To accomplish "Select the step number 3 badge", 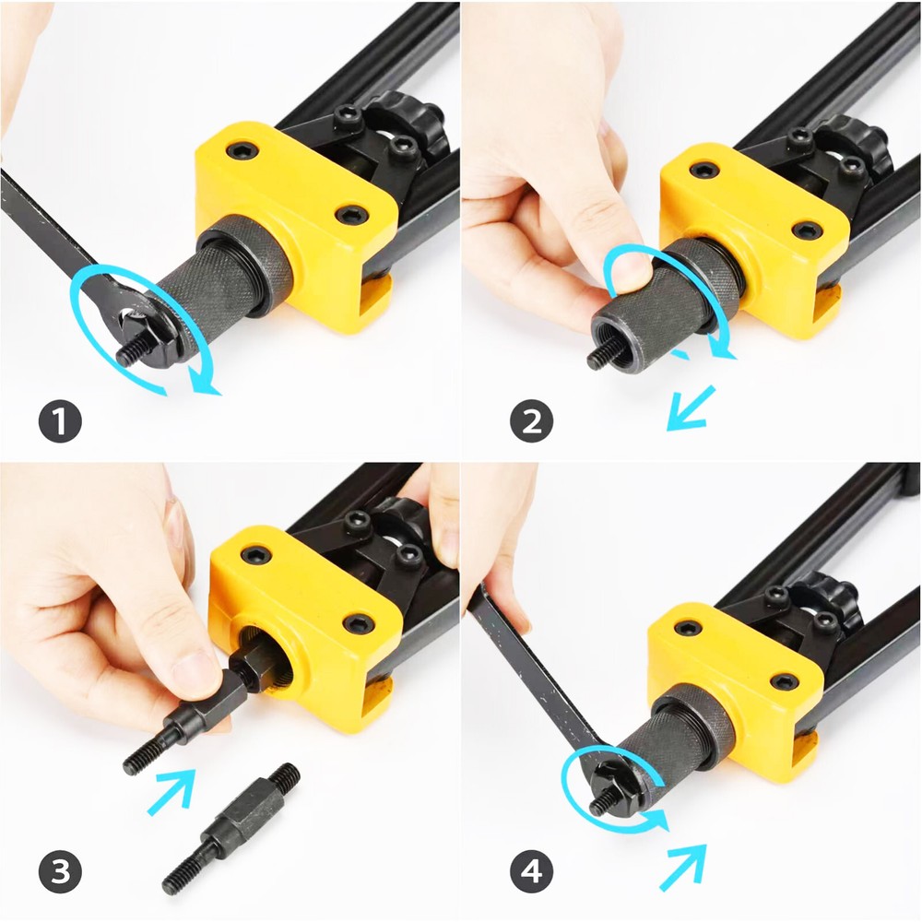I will coord(60,871).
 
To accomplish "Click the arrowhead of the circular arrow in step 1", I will coord(209,386).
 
